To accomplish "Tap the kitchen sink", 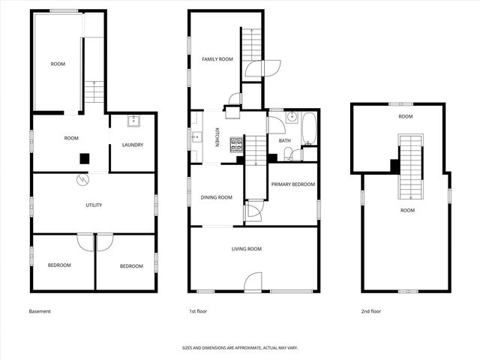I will [x=196, y=136].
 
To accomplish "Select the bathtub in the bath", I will [x=310, y=128].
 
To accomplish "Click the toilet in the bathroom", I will [x=298, y=154].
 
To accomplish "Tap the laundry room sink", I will [x=133, y=121].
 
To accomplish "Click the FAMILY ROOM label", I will [x=217, y=58].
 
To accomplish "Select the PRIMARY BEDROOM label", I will [x=292, y=184].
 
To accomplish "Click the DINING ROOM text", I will [x=216, y=197].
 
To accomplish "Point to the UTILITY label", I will [x=94, y=205].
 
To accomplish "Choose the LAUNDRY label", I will [x=133, y=145].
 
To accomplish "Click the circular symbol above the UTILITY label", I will [x=81, y=180].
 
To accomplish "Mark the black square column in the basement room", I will [x=85, y=158].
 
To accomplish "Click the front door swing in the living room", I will [x=253, y=282].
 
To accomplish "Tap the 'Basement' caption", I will [x=40, y=311].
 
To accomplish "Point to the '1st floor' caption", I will [x=198, y=311].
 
